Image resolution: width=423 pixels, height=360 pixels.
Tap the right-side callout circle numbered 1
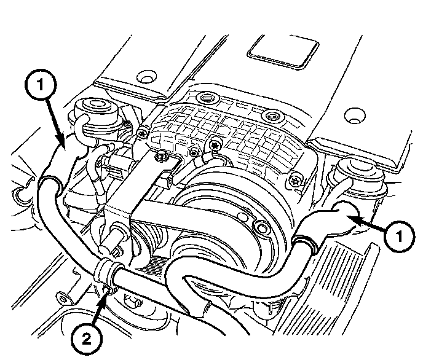coord(400,234)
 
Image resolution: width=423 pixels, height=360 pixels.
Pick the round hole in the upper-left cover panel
coord(144,78)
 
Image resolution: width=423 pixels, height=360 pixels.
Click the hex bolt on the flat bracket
coord(161,157)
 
